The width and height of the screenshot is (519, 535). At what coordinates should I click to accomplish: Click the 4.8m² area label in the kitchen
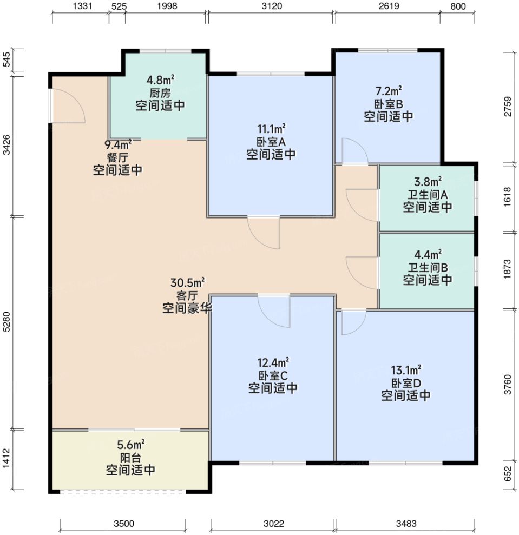click(160, 80)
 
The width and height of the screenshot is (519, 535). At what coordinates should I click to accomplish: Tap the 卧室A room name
click(271, 142)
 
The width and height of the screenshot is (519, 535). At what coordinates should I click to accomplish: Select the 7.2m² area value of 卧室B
click(389, 91)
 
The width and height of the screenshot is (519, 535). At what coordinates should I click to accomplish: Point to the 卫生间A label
click(428, 195)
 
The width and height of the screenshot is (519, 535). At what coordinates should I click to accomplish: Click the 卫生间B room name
click(428, 267)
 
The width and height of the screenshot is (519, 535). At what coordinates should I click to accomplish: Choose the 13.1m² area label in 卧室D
click(406, 370)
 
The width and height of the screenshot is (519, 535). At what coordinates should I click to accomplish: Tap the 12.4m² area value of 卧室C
click(273, 362)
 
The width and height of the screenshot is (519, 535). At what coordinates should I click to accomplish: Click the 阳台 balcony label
click(130, 458)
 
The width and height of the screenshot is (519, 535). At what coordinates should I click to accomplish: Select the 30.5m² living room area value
click(187, 283)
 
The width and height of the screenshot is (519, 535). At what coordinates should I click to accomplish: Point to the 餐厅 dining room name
click(117, 157)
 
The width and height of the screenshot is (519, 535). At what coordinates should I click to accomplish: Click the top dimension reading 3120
click(272, 6)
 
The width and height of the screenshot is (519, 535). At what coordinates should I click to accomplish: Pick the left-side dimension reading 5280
click(7, 321)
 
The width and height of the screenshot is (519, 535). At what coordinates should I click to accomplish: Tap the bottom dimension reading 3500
click(124, 524)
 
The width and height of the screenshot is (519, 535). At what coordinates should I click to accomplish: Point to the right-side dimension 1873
click(508, 269)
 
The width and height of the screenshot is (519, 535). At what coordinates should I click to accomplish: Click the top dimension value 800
click(458, 6)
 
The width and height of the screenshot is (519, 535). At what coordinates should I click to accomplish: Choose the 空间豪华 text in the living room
click(187, 308)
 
